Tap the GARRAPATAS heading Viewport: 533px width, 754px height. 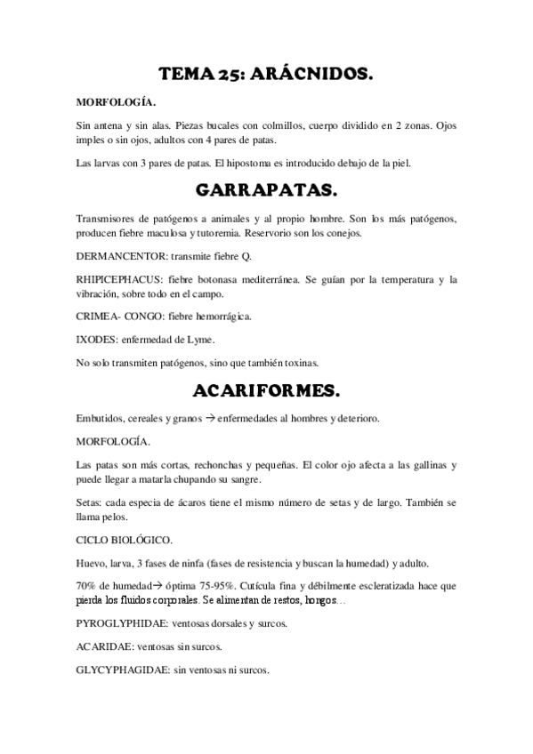(x=266, y=191)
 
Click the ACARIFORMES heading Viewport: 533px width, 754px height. (x=266, y=390)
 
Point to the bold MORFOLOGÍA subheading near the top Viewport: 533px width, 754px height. (x=116, y=101)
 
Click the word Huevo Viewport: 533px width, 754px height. (x=92, y=563)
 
